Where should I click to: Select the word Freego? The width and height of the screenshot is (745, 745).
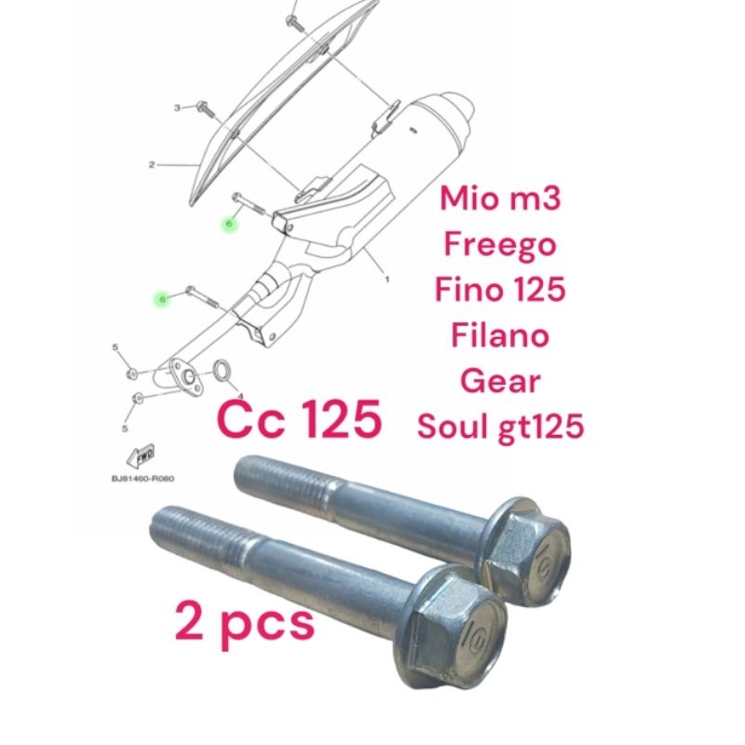500,246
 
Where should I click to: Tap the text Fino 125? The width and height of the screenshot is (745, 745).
500,290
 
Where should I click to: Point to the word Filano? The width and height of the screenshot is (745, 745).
500,333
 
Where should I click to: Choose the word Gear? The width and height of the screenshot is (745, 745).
500,381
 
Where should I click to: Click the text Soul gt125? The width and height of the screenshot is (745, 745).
500,425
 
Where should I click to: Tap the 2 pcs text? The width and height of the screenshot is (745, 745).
245,622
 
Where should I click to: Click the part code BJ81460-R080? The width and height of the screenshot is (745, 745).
142,479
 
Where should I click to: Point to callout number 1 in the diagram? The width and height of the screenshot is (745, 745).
386,278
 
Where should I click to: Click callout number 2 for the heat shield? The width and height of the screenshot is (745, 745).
151,166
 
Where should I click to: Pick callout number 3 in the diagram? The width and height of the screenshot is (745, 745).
177,108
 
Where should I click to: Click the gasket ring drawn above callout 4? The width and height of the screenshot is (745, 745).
224,371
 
